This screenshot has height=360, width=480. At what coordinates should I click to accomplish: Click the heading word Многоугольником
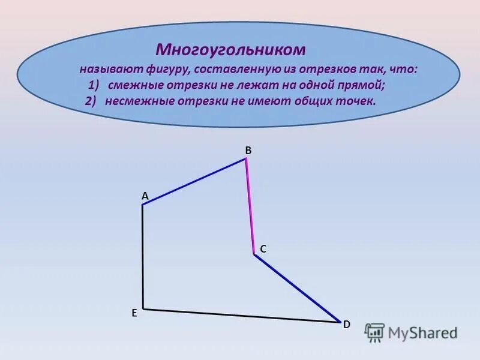tap(231, 49)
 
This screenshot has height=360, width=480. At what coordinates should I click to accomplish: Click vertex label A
tap(145, 196)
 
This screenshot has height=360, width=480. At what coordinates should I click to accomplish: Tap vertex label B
tap(247, 151)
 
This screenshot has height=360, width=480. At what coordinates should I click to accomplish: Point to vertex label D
tap(346, 324)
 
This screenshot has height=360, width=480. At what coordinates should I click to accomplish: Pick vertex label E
tap(134, 313)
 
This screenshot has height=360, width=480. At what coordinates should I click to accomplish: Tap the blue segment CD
tap(297, 287)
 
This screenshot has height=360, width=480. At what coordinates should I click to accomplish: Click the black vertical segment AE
tap(143, 257)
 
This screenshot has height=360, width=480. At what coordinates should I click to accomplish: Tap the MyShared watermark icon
tap(374, 332)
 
